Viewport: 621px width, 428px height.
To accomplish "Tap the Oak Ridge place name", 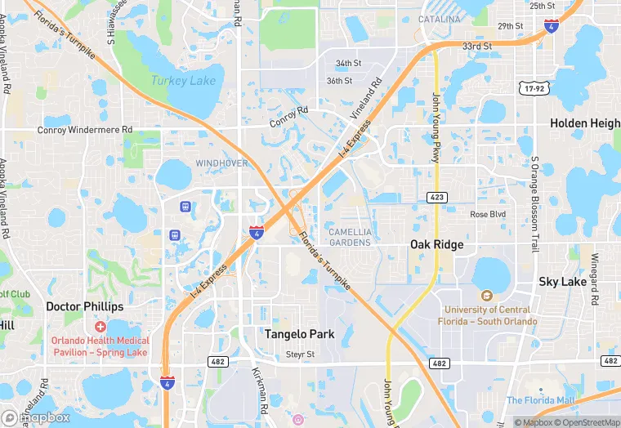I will (x=436, y=244).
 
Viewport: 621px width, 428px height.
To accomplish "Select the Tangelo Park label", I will (x=299, y=334).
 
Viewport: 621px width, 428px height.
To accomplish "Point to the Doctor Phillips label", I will (x=84, y=306).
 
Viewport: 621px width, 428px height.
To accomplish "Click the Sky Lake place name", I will (x=562, y=281).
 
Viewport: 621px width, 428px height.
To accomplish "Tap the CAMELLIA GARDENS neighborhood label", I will (x=350, y=237).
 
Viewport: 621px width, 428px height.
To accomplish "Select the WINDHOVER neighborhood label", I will (x=221, y=163).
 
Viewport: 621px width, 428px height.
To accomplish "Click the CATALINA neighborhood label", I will (x=439, y=19).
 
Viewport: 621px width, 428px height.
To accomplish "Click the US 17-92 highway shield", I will (x=532, y=87).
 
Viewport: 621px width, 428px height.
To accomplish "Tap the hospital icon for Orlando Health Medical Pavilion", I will (x=100, y=326).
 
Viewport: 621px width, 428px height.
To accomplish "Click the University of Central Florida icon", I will (x=487, y=296).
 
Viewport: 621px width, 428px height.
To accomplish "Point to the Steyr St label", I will (x=300, y=354).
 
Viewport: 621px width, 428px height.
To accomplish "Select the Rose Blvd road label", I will (x=488, y=214).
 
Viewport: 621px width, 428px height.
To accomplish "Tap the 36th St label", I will (x=339, y=81).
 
